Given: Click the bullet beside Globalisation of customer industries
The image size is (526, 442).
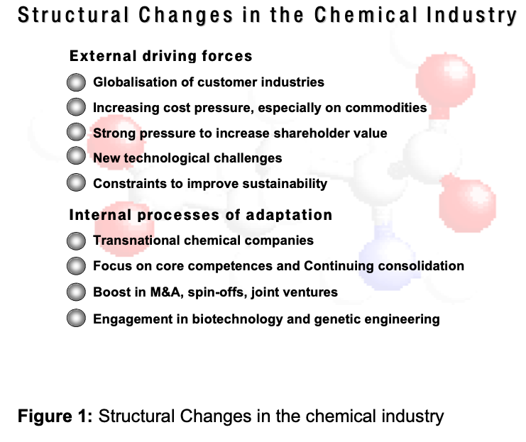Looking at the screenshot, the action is click(76, 82).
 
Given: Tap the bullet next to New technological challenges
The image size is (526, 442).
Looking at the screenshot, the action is click(76, 155).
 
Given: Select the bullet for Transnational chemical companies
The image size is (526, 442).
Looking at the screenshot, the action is click(76, 241).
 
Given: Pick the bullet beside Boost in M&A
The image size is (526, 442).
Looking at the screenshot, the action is click(76, 292).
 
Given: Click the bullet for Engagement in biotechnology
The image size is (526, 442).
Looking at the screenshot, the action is click(76, 318).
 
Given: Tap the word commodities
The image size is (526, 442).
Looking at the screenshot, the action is click(385, 108).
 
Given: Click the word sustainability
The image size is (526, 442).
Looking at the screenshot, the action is click(285, 184).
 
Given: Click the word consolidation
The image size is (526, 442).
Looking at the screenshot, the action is click(421, 266).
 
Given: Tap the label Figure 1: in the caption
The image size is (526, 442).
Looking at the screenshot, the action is click(55, 416).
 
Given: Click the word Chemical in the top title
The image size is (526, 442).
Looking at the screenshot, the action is click(366, 16).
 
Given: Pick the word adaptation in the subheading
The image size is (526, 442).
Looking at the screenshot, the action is click(289, 216).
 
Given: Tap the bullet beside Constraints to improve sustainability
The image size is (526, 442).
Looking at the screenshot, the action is click(76, 182).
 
